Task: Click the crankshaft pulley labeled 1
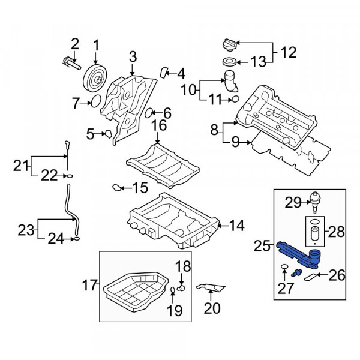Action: [x=95, y=78]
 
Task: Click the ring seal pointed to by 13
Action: [x=229, y=62]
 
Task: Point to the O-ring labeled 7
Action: [x=96, y=101]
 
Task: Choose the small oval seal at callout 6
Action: [x=148, y=113]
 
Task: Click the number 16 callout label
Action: [x=159, y=125]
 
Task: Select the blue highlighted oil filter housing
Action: [x=299, y=256]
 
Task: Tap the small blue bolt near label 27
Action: [x=296, y=273]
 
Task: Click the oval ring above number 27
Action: [x=284, y=266]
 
